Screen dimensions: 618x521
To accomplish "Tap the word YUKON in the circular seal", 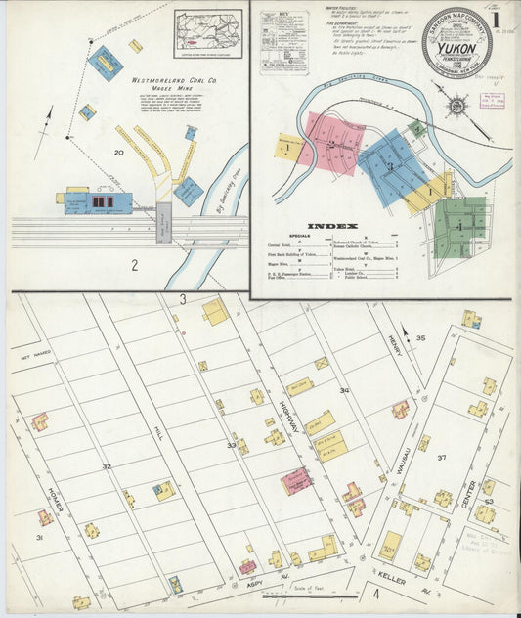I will pyautogui.click(x=456, y=42).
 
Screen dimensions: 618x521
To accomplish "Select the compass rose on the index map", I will pyautogui.click(x=456, y=106).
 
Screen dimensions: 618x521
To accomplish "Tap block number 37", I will pyautogui.click(x=442, y=458).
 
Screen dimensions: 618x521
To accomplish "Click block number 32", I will pyautogui.click(x=106, y=466).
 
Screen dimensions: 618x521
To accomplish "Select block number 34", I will pyautogui.click(x=343, y=391).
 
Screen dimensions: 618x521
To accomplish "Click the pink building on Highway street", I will pyautogui.click(x=296, y=480).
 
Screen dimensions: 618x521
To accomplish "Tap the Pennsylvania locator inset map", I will pyautogui.click(x=208, y=33).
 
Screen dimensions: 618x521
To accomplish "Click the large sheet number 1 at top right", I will pyautogui.click(x=496, y=19).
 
